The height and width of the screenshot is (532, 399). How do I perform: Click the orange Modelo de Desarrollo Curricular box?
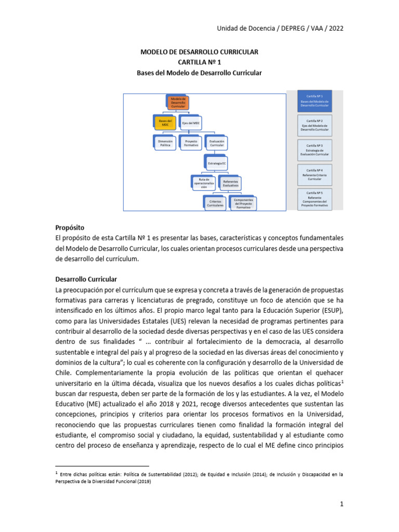click(178, 102)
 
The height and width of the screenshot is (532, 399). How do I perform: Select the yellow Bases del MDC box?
click(165, 122)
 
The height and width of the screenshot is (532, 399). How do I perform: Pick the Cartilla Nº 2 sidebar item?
click(314, 126)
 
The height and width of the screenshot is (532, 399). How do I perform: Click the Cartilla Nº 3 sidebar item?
click(314, 150)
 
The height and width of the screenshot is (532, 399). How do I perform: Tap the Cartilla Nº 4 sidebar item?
click(314, 175)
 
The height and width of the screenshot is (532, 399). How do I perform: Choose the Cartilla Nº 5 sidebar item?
click(314, 199)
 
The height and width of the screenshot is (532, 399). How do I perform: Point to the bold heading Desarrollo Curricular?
click(86, 278)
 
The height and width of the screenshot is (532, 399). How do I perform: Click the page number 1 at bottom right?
click(341, 503)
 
